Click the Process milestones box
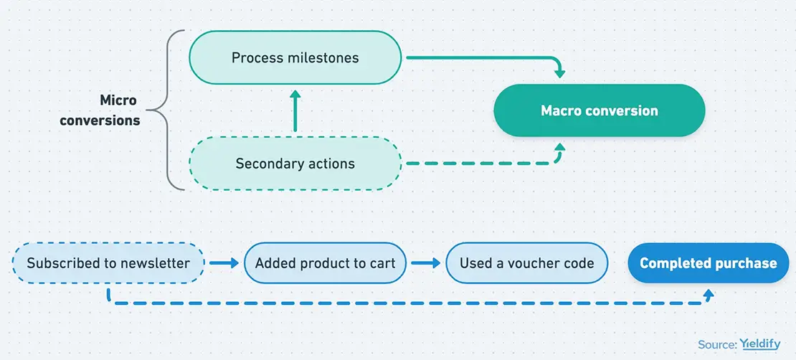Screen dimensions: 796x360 (x=295, y=57)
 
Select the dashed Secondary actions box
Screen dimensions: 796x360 (x=295, y=164)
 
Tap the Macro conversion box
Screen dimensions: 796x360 (x=599, y=110)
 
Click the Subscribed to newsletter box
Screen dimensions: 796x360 (x=108, y=263)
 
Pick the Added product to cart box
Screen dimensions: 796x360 (x=325, y=263)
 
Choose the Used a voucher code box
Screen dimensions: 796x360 (x=526, y=263)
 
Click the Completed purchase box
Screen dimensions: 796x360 (x=709, y=263)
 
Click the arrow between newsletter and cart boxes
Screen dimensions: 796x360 (x=224, y=263)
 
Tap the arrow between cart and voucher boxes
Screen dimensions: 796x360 (x=425, y=263)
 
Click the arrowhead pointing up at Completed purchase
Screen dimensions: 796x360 (x=709, y=293)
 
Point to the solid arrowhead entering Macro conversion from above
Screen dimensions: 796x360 (x=559, y=74)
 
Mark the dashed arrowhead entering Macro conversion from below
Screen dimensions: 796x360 (x=559, y=147)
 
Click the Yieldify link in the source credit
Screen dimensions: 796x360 (x=760, y=344)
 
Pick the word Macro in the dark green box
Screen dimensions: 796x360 (x=558, y=110)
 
